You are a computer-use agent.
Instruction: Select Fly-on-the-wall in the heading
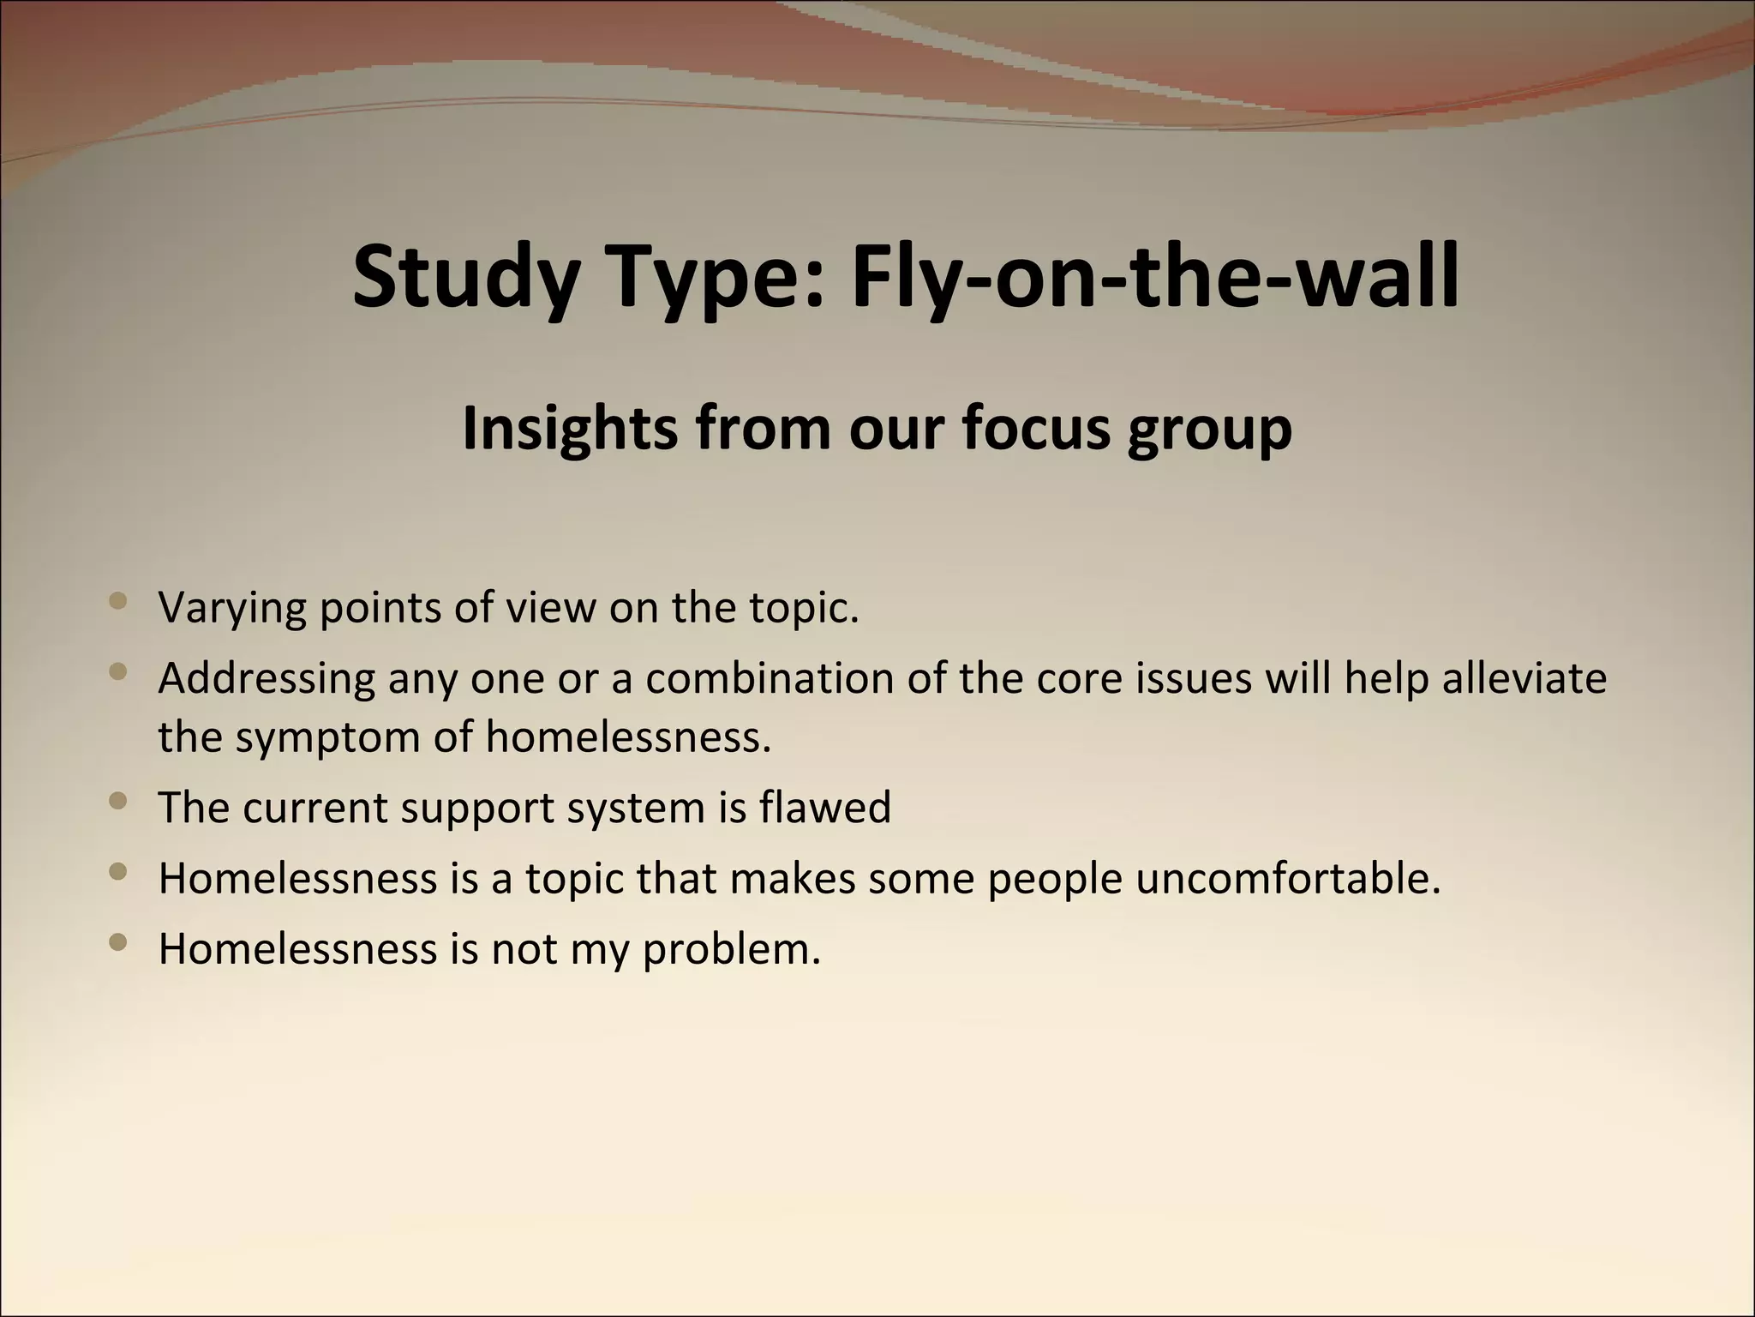tap(1154, 276)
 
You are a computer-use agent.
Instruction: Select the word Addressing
tap(267, 679)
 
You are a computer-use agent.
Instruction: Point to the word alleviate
tap(1524, 678)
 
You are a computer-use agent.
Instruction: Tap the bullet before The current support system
tap(119, 802)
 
